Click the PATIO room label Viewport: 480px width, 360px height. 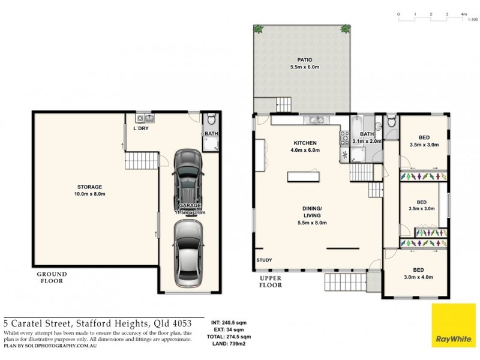point(302,59)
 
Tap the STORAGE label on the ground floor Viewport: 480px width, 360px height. point(89,187)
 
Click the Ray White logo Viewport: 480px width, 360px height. point(453,325)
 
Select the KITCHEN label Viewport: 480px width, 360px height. point(305,143)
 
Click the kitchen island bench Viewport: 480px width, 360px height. point(304,176)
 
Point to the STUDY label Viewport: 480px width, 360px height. point(265,260)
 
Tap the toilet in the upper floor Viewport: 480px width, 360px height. point(392,122)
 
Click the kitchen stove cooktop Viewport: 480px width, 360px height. point(345,137)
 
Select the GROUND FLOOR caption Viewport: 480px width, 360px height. point(54,277)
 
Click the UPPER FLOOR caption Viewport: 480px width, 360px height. point(271,282)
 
